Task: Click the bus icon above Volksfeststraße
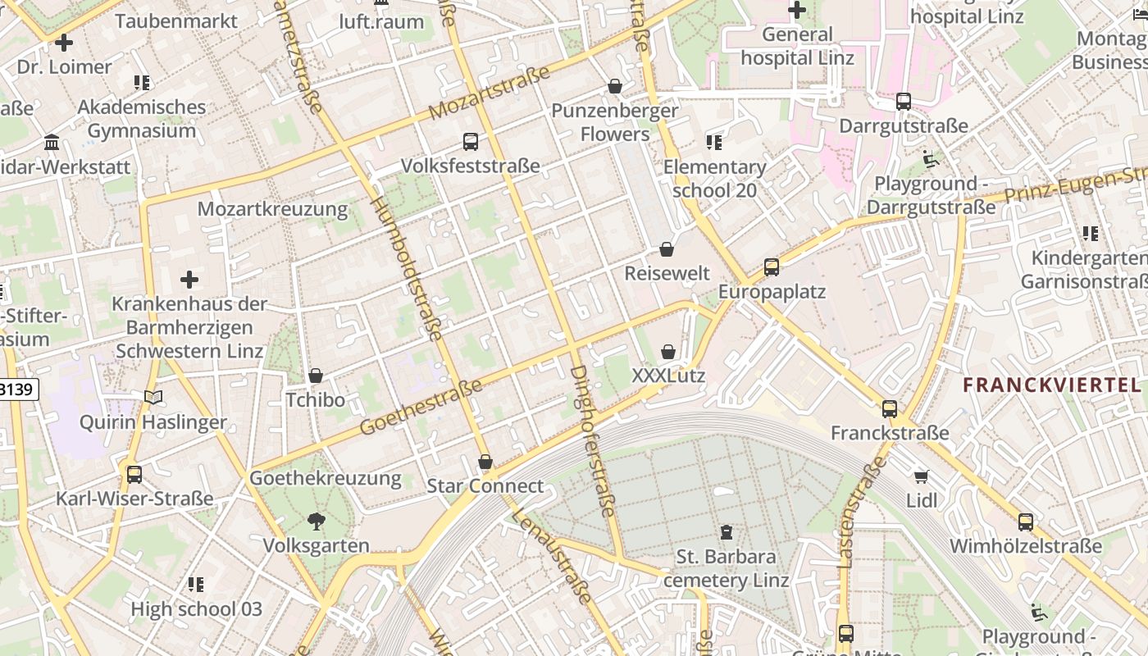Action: (x=471, y=142)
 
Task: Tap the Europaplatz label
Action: (x=772, y=292)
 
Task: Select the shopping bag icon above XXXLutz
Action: (x=668, y=352)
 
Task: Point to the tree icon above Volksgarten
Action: (x=316, y=522)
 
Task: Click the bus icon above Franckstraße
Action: (x=890, y=408)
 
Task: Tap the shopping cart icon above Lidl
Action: (x=922, y=476)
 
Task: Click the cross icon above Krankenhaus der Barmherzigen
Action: (x=189, y=280)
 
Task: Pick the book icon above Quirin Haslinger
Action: (x=153, y=398)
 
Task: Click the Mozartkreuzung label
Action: (x=272, y=208)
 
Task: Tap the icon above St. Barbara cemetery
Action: (x=726, y=532)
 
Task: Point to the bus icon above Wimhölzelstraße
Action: (x=1026, y=522)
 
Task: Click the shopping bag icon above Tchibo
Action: (x=316, y=376)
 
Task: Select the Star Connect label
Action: (x=485, y=486)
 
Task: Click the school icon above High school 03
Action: (x=196, y=585)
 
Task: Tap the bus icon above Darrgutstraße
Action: (x=904, y=102)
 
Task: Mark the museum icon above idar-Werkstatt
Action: (x=52, y=143)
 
